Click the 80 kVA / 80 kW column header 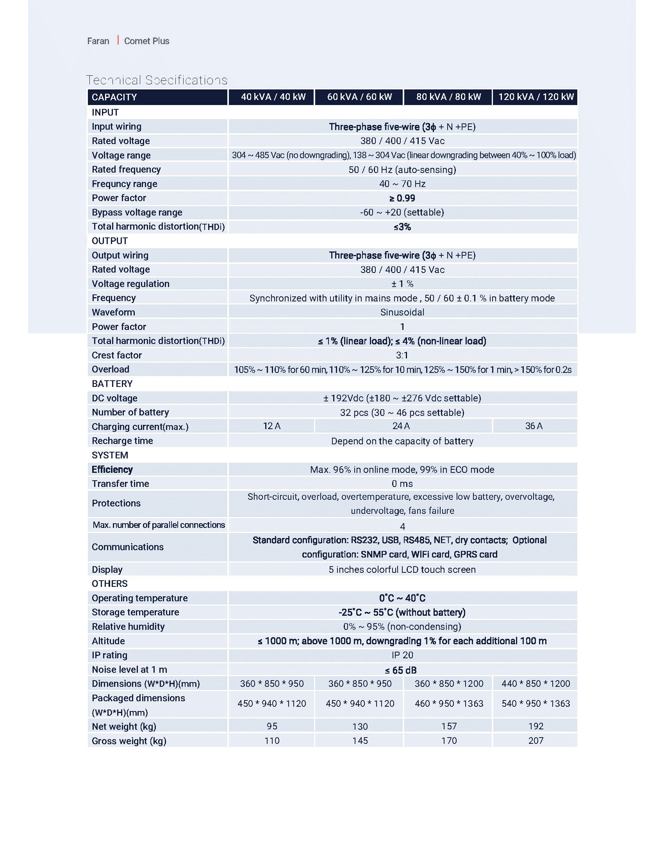(448, 97)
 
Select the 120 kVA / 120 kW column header (535, 97)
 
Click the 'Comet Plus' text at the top (146, 41)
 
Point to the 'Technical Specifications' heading (157, 80)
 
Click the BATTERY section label (112, 383)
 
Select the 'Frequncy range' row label (124, 184)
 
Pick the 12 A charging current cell (271, 426)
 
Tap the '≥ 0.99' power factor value (402, 198)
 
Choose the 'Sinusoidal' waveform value (402, 312)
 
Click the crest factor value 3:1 (402, 355)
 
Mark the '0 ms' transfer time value (402, 484)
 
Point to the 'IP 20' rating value (402, 655)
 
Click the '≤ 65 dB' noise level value (400, 670)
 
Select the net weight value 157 (449, 726)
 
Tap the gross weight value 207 (536, 741)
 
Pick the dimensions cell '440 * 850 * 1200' (535, 684)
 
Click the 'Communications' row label (127, 547)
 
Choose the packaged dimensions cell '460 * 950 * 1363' (449, 704)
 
